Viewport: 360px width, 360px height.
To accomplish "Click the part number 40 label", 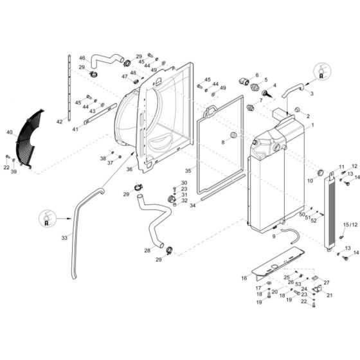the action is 10,132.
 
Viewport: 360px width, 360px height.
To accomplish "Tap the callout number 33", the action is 64,238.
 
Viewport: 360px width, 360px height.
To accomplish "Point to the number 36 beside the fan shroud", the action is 129,169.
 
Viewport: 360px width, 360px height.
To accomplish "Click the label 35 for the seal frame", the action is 188,171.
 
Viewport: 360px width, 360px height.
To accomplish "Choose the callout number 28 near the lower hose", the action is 147,251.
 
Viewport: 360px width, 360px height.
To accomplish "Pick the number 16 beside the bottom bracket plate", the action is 244,278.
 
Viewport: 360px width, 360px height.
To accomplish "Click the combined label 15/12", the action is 350,224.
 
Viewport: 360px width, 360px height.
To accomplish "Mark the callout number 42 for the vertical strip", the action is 59,122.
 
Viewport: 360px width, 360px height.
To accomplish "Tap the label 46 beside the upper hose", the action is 82,58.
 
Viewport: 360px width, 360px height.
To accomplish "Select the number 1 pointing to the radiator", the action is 312,125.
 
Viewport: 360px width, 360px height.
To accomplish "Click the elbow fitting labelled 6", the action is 244,81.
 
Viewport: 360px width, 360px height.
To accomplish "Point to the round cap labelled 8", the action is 233,135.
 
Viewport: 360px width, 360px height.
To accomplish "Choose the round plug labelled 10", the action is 320,172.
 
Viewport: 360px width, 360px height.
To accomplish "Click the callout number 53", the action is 298,284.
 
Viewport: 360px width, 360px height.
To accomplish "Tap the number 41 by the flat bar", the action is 75,129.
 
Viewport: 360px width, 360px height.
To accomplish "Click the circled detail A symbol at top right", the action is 323,71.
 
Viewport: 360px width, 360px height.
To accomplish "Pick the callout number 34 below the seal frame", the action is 193,206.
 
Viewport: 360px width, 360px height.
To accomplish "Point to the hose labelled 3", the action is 293,90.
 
